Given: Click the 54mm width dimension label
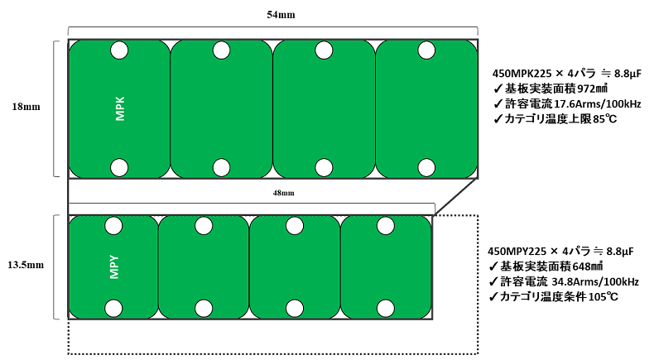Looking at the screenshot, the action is tap(281, 15).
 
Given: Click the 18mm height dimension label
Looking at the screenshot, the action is tap(26, 107).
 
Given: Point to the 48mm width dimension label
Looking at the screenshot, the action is tap(284, 193).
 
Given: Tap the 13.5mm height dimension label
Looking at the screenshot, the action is tap(26, 265).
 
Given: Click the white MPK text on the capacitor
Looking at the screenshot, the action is tap(120, 109).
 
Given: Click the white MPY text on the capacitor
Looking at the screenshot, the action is tap(114, 267).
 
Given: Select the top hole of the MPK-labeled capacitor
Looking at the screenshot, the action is tap(119, 50).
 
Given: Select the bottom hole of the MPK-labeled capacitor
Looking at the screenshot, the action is tap(119, 168).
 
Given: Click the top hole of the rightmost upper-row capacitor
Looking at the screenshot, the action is tap(426, 50).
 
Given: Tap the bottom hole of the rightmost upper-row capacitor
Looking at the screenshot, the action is tap(426, 168).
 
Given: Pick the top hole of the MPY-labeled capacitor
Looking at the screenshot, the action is tap(113, 226).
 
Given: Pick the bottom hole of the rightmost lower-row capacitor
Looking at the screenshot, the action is tap(386, 309).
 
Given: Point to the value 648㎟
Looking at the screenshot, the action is tap(588, 266).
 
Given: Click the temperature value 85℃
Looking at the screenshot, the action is tap(605, 119).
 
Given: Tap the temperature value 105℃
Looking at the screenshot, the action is tap(604, 297).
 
